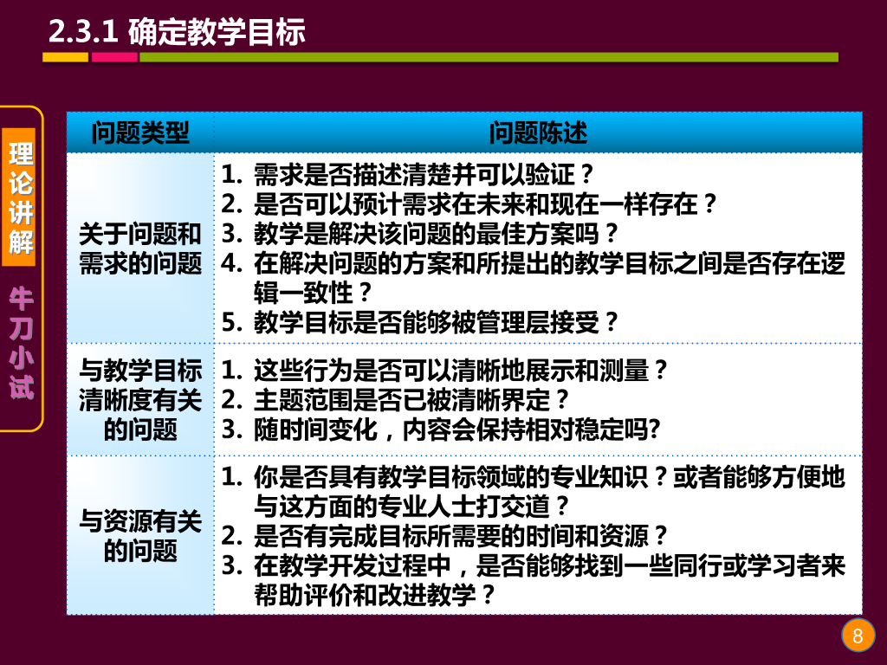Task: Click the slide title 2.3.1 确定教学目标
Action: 177,32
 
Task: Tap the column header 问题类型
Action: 140,132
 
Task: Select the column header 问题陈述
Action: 538,132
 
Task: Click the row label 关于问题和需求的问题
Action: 140,249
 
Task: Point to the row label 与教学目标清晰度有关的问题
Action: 140,400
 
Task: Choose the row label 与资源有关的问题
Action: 140,535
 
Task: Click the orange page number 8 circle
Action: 858,636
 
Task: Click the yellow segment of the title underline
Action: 66,58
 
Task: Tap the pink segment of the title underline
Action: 114,58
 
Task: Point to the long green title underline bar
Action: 489,58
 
